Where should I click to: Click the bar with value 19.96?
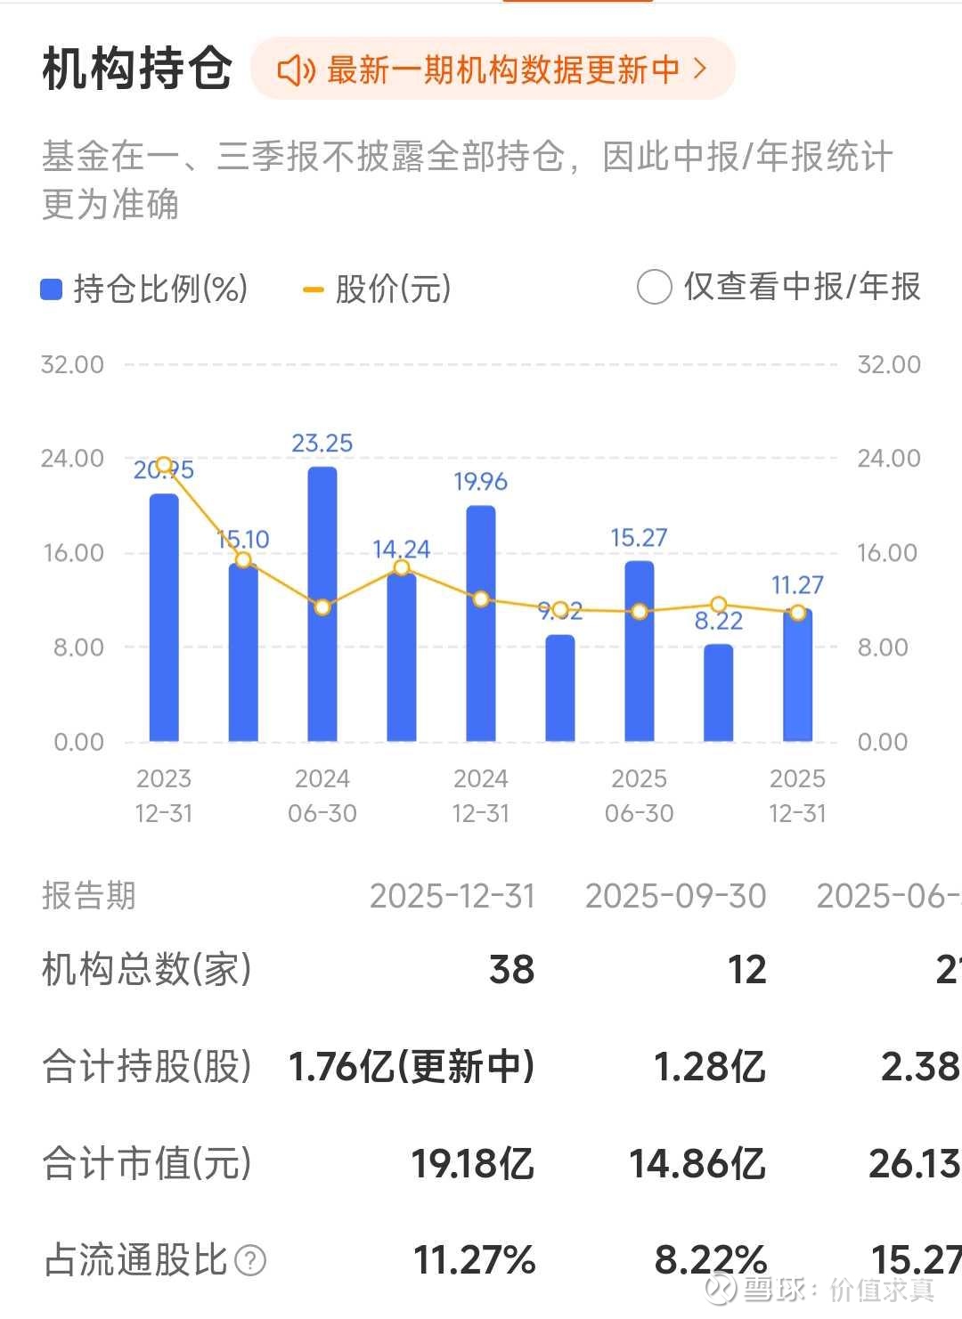coord(481,623)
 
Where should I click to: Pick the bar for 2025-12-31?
coord(797,677)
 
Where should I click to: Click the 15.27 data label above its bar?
coord(639,538)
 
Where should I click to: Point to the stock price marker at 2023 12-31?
coord(164,465)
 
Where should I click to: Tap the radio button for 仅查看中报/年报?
coord(654,288)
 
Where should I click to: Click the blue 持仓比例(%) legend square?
coord(52,289)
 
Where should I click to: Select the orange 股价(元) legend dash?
coord(313,289)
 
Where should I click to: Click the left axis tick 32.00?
coord(72,364)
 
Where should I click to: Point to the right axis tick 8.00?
coord(882,647)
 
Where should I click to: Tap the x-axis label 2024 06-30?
coord(322,795)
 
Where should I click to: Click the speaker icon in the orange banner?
coord(296,69)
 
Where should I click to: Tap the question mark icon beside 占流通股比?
coord(251,1260)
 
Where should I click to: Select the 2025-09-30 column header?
coord(675,896)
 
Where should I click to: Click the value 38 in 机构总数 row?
coord(511,970)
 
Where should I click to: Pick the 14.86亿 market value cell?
coord(697,1163)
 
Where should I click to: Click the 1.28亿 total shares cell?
coord(709,1066)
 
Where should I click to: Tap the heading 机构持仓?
coord(137,69)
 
